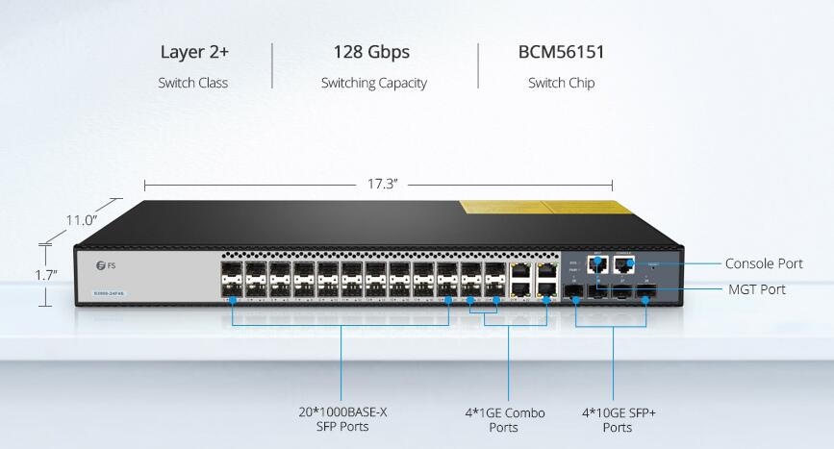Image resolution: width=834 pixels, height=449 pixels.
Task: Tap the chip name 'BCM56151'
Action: pos(561,52)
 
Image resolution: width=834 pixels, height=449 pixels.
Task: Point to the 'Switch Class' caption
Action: pos(193,83)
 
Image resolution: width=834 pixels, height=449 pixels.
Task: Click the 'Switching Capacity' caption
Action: pos(374,83)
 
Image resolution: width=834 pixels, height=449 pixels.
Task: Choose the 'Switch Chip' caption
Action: pos(561,83)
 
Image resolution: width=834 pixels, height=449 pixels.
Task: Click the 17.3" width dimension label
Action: pos(382,184)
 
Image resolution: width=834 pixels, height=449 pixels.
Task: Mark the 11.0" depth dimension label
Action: pos(83,220)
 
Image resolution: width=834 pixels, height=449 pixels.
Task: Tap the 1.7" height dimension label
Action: pos(46,275)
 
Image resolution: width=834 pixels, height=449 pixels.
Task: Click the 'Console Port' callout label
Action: pos(763,263)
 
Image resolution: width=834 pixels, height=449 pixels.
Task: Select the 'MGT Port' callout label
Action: pos(756,288)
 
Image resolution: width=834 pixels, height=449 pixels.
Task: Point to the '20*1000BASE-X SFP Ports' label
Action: pos(342,419)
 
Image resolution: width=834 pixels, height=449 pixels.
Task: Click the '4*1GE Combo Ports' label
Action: pos(504,419)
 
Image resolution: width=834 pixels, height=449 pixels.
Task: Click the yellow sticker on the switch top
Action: pos(537,209)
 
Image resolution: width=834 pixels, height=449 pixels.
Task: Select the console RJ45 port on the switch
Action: pos(623,266)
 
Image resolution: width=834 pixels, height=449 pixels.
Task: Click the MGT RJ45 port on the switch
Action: pos(596,266)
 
